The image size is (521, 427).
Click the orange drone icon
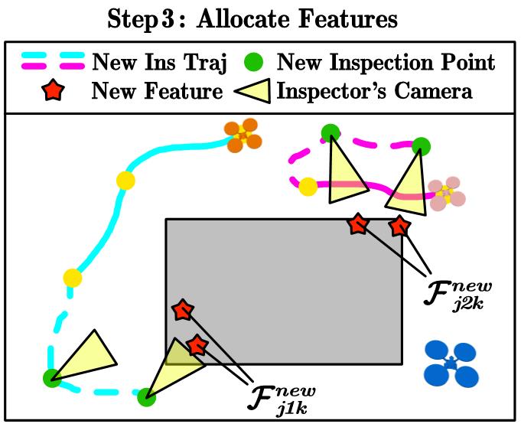243,135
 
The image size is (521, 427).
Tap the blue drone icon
450,363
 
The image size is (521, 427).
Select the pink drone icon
446,193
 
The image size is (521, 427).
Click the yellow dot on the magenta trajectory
308,186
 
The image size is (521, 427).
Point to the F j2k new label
458,295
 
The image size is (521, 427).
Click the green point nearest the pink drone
421,145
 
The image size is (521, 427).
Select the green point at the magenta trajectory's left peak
331,133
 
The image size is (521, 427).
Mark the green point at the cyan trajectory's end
146,396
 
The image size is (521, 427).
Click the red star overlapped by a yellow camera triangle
197,345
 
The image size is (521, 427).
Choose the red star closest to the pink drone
399,226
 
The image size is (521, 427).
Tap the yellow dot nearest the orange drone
125,181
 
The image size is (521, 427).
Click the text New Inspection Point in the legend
386,61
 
